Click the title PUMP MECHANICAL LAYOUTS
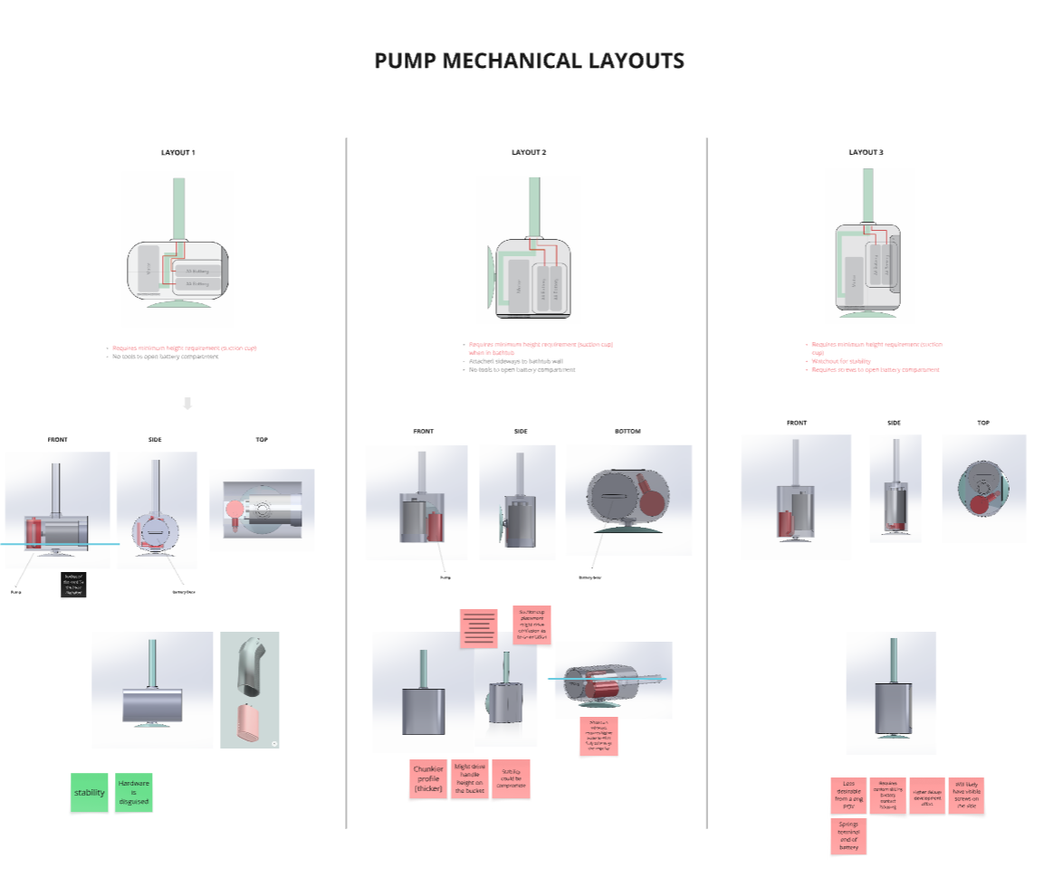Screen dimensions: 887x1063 [530, 62]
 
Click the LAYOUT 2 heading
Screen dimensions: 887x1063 [529, 152]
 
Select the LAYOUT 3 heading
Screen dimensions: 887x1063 [865, 152]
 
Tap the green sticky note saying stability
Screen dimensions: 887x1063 [89, 792]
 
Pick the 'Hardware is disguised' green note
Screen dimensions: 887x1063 [133, 792]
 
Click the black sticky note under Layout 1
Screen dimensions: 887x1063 [74, 585]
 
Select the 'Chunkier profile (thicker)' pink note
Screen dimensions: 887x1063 [428, 779]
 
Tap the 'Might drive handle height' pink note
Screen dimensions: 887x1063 [469, 779]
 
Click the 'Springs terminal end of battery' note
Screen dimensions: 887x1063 [848, 835]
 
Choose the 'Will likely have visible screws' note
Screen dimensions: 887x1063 [966, 795]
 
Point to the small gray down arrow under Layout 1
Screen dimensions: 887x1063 [187, 404]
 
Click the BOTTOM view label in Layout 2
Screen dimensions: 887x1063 [627, 431]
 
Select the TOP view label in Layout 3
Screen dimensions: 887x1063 [983, 423]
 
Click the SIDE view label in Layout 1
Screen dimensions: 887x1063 [155, 440]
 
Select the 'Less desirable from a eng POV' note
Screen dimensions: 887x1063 [848, 795]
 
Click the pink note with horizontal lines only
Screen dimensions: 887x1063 [478, 628]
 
